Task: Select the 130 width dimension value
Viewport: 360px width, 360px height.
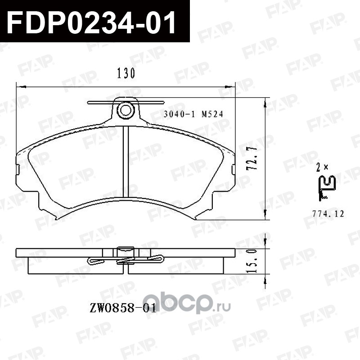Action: [126, 73]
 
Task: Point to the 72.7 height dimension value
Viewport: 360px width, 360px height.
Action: [252, 158]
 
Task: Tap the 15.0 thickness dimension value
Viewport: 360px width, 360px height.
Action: [252, 261]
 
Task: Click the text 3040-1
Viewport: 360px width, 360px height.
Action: [178, 114]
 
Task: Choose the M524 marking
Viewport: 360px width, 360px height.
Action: [212, 114]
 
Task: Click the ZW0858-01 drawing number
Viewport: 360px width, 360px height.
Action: [123, 308]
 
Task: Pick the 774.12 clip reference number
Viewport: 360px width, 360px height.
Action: [328, 214]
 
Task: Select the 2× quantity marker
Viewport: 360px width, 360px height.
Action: [322, 167]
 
